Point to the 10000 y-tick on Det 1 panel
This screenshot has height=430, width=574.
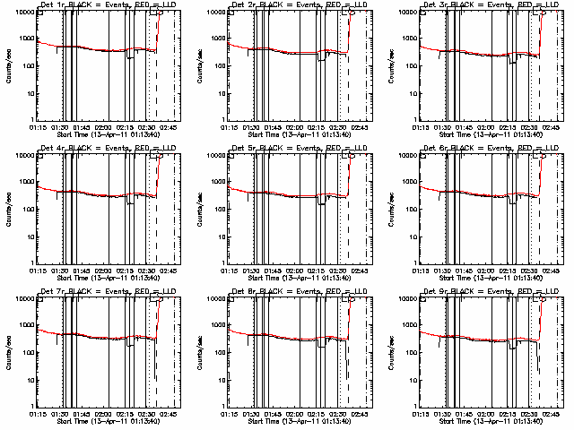click(x=22, y=12)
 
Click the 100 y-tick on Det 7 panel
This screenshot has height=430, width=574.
click(x=25, y=352)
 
